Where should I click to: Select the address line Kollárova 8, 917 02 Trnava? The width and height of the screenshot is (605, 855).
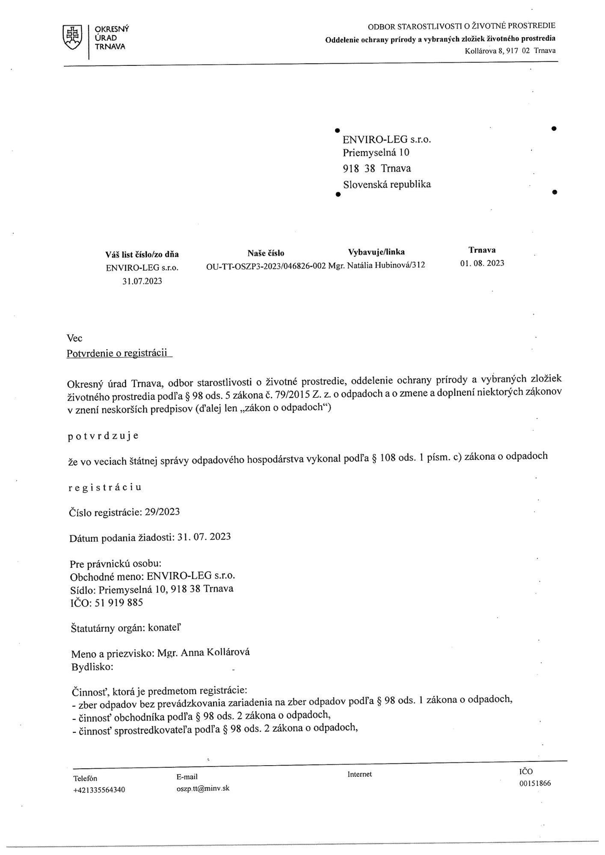coord(510,51)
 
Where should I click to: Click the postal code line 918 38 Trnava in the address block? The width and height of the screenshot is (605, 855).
coord(377,168)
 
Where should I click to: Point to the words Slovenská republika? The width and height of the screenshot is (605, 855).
coord(387,185)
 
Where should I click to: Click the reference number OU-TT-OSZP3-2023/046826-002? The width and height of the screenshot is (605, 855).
coord(266,265)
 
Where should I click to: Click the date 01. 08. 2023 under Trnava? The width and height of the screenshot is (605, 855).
coord(482,263)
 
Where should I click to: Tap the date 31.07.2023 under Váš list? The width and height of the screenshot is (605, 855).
coord(142,281)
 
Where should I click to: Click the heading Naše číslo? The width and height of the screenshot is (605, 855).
coord(266,253)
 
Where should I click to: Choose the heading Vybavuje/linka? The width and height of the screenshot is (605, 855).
coord(377,252)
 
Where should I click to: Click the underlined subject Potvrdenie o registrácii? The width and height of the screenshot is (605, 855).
coord(117,354)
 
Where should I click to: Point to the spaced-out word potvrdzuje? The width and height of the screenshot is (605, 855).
coord(103,436)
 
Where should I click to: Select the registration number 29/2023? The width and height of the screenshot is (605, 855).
coord(163,512)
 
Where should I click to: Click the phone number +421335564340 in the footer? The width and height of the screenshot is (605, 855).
coord(99,790)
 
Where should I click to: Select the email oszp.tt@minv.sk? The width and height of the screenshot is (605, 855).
coord(203,788)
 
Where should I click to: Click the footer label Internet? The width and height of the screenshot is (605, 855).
coord(359,774)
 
